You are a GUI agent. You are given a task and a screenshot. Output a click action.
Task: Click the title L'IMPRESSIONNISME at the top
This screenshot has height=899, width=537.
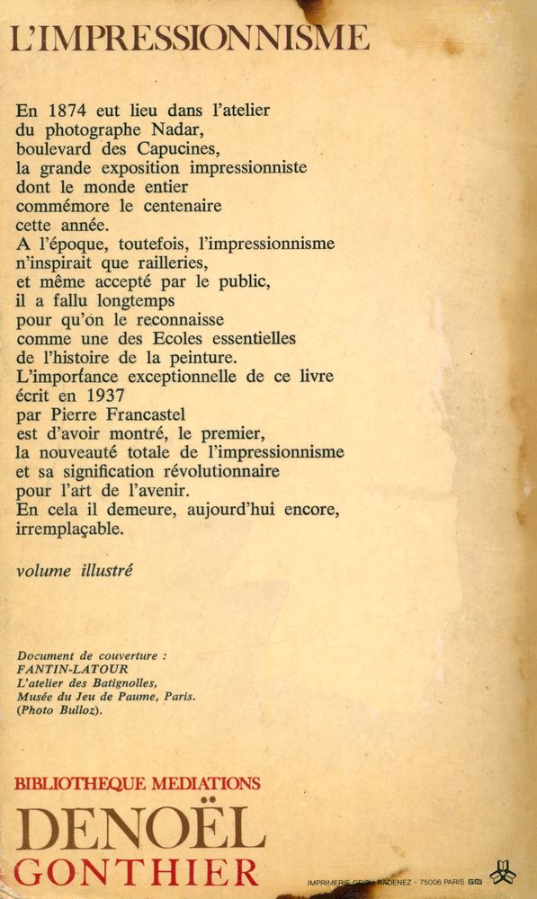click(190, 38)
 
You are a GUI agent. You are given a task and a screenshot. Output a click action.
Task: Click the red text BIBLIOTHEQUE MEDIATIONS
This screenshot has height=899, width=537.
click(138, 783)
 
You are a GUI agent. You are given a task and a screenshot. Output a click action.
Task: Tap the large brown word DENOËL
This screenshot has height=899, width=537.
click(139, 829)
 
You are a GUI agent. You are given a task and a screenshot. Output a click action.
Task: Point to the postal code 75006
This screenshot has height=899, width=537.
click(426, 883)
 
